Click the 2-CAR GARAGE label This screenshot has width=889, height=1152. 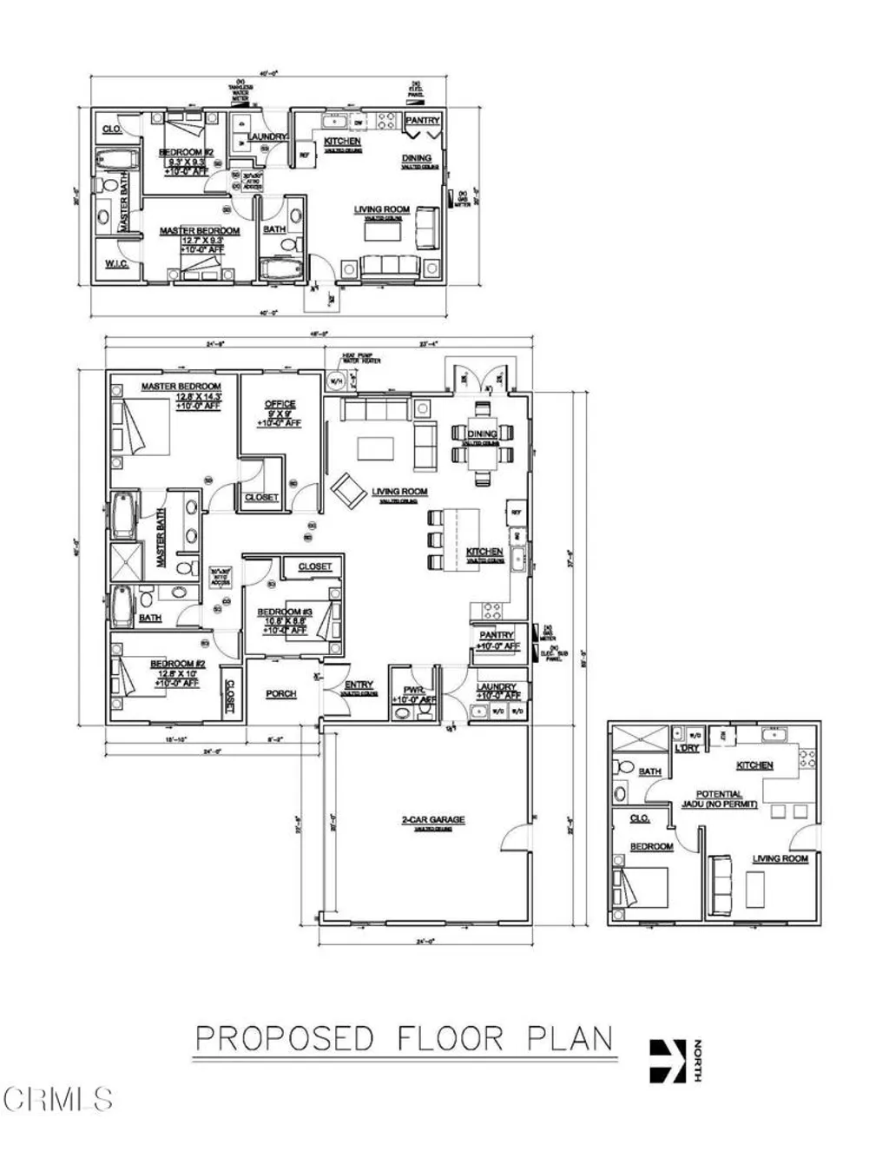click(432, 819)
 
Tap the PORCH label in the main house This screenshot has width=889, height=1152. click(280, 693)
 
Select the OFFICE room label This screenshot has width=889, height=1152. click(280, 404)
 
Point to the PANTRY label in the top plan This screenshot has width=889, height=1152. click(423, 121)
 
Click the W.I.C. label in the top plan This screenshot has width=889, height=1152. click(117, 264)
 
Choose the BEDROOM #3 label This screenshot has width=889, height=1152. click(279, 612)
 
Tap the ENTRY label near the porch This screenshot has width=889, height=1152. click(352, 685)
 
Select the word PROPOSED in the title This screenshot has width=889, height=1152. click(284, 1038)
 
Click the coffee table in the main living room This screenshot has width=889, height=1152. click(375, 447)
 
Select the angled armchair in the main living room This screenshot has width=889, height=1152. click(348, 491)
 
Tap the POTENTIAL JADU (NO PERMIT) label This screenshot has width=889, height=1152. click(720, 799)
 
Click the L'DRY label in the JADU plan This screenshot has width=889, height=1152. click(687, 748)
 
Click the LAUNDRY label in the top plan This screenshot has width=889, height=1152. click(267, 137)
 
